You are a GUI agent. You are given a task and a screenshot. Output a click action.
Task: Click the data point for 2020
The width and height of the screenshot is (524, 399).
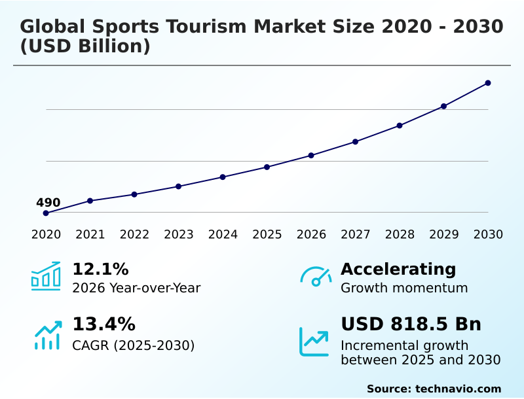click(x=46, y=213)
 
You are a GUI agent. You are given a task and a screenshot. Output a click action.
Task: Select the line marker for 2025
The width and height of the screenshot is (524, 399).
click(x=267, y=167)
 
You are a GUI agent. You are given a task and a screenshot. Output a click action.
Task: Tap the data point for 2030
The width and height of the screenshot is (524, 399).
click(x=488, y=83)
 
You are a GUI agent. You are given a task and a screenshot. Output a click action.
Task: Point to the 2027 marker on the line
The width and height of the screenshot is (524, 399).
click(x=355, y=141)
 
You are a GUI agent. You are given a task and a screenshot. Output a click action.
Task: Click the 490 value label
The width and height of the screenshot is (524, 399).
click(x=48, y=203)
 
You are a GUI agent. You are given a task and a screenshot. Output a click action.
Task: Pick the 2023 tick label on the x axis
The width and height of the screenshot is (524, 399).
click(x=179, y=234)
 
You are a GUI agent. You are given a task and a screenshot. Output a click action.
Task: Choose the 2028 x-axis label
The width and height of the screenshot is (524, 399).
click(x=400, y=234)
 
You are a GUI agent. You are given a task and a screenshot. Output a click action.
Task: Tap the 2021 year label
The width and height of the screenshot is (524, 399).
click(x=90, y=234)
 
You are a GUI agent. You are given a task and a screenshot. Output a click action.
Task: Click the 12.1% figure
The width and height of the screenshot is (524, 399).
click(x=100, y=269)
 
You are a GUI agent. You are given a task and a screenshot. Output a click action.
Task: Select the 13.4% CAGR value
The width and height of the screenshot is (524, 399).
click(x=103, y=324)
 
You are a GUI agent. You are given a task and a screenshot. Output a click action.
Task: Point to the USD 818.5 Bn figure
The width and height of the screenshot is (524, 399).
click(x=411, y=324)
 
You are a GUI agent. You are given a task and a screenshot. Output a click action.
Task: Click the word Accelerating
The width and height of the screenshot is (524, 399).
click(x=398, y=269)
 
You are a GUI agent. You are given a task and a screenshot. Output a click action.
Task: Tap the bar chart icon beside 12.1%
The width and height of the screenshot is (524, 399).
click(x=46, y=277)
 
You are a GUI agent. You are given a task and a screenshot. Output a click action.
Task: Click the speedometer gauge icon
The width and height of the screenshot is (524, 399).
click(x=316, y=277)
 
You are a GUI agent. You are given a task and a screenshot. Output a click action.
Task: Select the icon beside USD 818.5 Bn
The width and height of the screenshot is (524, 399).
click(x=314, y=341)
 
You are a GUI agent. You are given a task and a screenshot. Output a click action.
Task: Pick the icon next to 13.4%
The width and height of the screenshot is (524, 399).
click(x=47, y=335)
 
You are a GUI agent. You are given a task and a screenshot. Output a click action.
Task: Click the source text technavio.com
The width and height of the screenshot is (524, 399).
click(x=458, y=389)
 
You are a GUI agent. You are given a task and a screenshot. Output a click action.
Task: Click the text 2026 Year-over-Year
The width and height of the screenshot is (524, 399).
click(x=136, y=288)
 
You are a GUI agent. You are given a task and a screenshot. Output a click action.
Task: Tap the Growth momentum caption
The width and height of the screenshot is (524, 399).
click(x=404, y=288)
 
